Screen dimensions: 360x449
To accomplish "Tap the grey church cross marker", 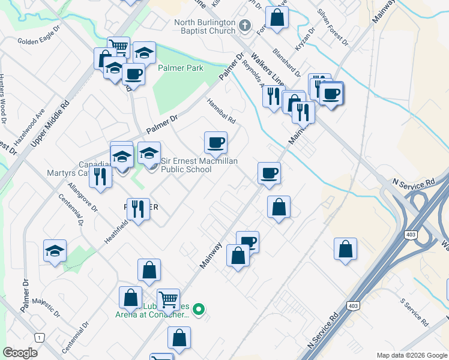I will tap(244, 25).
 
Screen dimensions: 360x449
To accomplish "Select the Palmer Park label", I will tap(180, 68).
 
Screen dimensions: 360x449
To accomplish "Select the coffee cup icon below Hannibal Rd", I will tap(215, 143).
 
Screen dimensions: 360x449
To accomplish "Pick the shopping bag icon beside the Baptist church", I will tap(277, 17).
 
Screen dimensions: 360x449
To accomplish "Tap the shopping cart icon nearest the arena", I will tap(168, 299).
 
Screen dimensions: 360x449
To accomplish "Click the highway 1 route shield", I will tap(40, 338).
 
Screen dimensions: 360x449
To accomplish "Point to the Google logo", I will tap(20, 353).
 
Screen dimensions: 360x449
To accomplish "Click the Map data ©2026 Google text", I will tap(411, 355).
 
